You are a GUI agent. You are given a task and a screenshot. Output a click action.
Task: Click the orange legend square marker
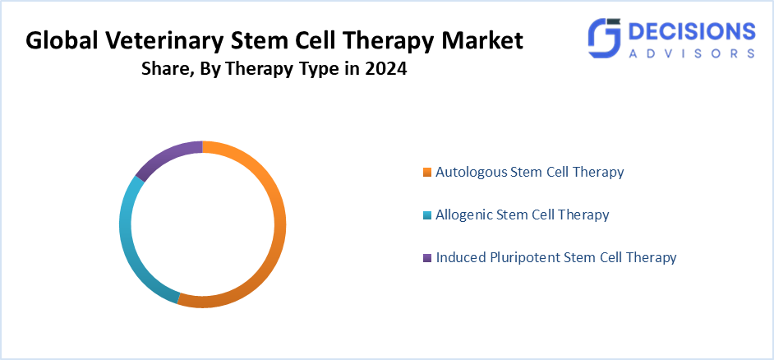coord(426,173)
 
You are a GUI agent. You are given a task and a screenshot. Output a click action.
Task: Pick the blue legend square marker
coord(426,215)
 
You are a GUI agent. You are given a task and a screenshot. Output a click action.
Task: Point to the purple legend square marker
coord(426,258)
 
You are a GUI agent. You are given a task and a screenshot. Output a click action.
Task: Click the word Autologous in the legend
coord(471,172)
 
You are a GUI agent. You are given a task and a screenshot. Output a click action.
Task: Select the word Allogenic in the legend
coord(464,215)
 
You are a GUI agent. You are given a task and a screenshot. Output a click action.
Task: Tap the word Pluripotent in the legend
coord(522,257)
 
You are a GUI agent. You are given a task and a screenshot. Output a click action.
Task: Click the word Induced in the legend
coord(458,257)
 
